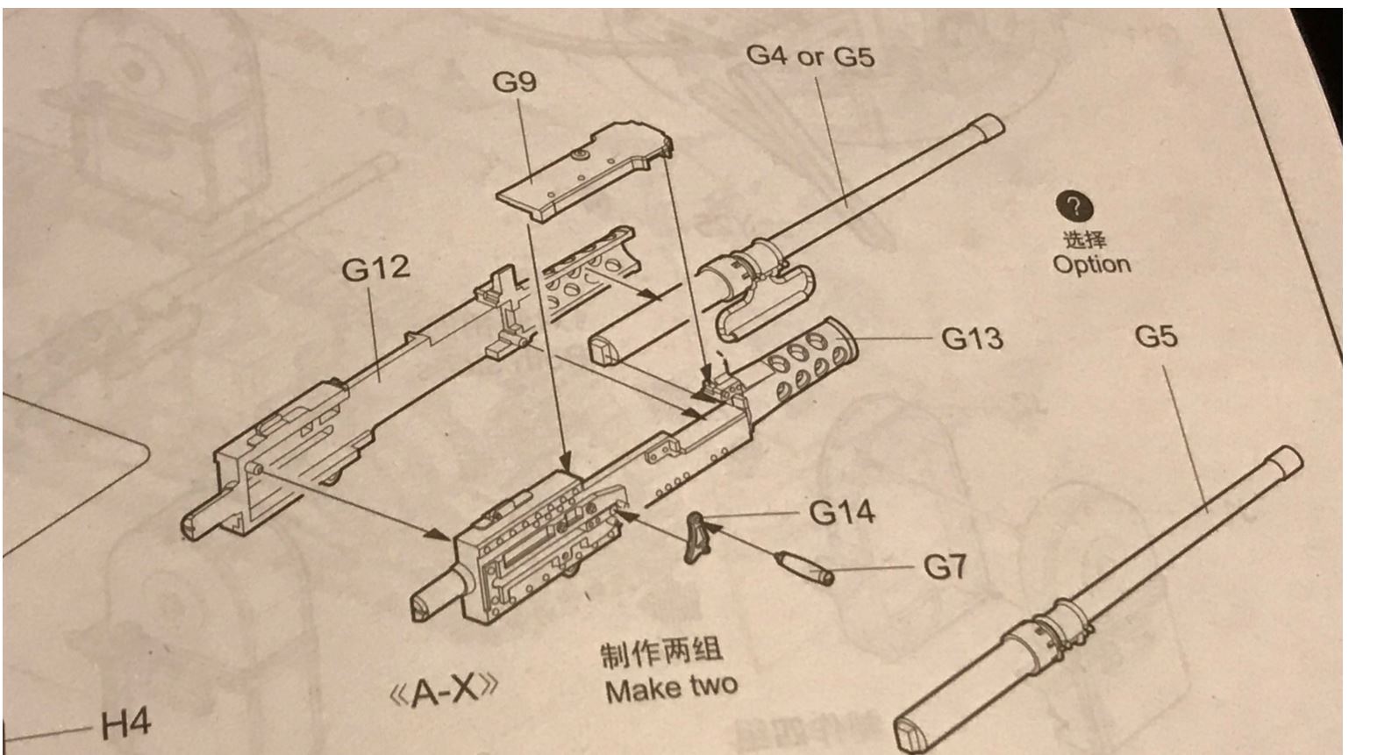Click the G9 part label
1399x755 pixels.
pos(514,82)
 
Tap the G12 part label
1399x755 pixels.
pos(375,268)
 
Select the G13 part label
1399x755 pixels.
pos(972,338)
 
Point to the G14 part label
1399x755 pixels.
pos(841,512)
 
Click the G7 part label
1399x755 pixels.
pos(945,567)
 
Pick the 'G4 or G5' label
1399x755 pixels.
pos(810,56)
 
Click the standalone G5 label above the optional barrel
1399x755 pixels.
pos(1155,336)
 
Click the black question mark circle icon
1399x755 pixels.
pos(1074,208)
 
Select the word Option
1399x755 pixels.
pos(1091,264)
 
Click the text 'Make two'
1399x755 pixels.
pos(671,687)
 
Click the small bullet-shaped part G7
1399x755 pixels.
pos(803,566)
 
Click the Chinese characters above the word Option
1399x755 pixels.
pos(1085,239)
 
